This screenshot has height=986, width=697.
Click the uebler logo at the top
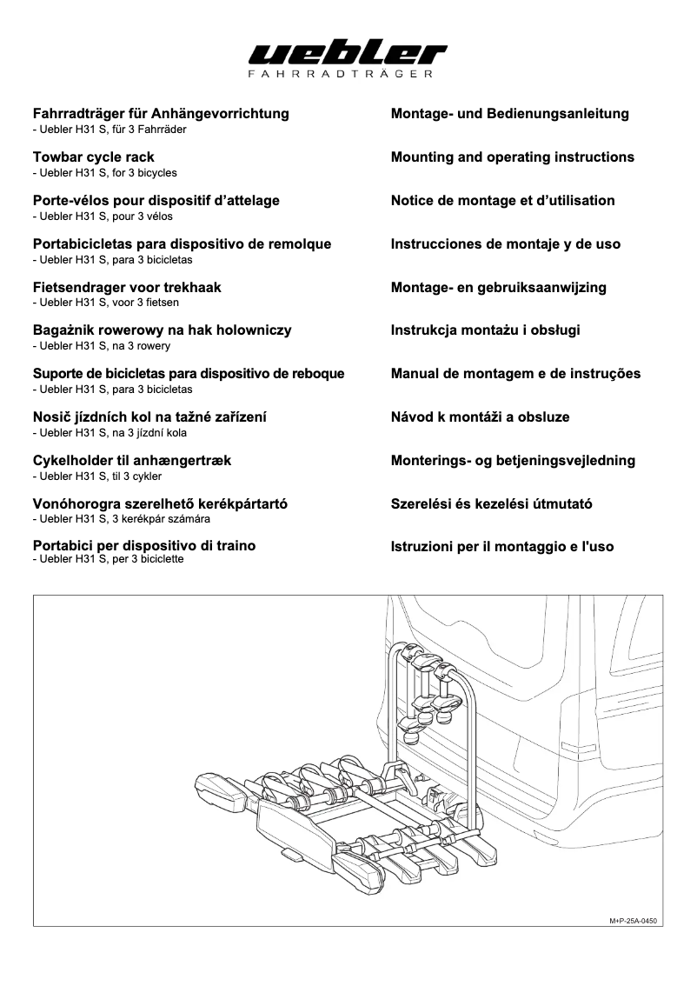[x=348, y=56]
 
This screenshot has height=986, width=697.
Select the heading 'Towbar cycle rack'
[x=93, y=157]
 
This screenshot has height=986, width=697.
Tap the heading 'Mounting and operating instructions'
[x=512, y=157]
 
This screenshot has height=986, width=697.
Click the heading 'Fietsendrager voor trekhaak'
[x=126, y=288]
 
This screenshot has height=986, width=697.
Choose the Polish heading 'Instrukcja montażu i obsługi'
[x=485, y=330]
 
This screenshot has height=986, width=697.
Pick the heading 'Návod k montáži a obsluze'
[x=480, y=417]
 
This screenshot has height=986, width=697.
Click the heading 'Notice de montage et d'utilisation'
[x=502, y=201]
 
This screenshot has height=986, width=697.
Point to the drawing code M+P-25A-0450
[x=633, y=920]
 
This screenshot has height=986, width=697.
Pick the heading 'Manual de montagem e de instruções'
[x=515, y=374]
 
